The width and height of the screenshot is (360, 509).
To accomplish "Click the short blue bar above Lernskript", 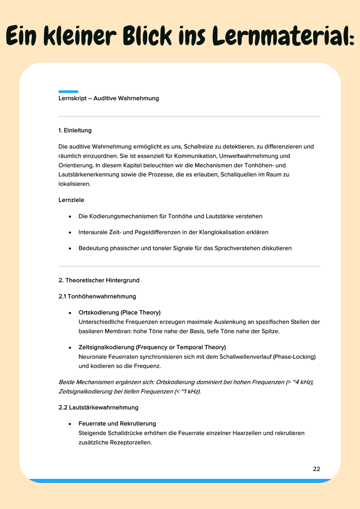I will click(x=68, y=92).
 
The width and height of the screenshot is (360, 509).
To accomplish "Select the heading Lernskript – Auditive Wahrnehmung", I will click(x=108, y=98).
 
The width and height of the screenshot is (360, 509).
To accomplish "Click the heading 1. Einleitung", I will click(x=75, y=130).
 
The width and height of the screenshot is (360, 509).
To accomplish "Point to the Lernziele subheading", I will click(x=71, y=200).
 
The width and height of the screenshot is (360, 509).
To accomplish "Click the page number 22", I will click(x=316, y=469).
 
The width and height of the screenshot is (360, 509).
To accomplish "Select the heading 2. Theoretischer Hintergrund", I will click(x=99, y=280).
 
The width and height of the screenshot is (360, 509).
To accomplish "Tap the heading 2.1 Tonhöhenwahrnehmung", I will click(x=97, y=296).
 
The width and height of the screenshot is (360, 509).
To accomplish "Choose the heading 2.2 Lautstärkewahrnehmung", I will click(x=99, y=407).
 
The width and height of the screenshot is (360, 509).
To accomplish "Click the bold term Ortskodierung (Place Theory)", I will click(x=119, y=312).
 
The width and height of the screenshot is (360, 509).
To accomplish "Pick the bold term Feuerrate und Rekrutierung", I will click(x=117, y=424).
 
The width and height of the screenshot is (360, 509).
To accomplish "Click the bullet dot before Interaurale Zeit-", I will click(x=70, y=232).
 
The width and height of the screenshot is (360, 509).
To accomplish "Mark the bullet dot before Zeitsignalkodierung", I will click(x=70, y=348).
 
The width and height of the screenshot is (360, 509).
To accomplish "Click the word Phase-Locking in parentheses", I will click(x=297, y=357).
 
